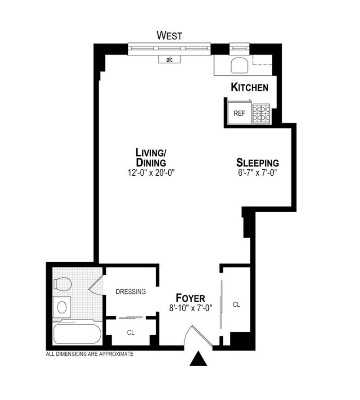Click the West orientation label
[170, 36]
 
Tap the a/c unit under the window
[170, 59]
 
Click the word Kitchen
[249, 87]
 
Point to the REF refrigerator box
[240, 113]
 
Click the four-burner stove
[261, 114]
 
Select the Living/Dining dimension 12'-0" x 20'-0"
[151, 173]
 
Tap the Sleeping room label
[257, 163]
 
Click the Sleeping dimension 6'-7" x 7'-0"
[257, 173]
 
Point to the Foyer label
[190, 298]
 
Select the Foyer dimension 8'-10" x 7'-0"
[190, 308]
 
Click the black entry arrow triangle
[198, 359]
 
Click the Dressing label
[130, 291]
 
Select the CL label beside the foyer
[236, 305]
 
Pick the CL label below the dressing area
[130, 332]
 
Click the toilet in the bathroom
[63, 284]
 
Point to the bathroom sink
[62, 307]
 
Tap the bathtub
[77, 334]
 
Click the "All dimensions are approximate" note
[90, 354]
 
